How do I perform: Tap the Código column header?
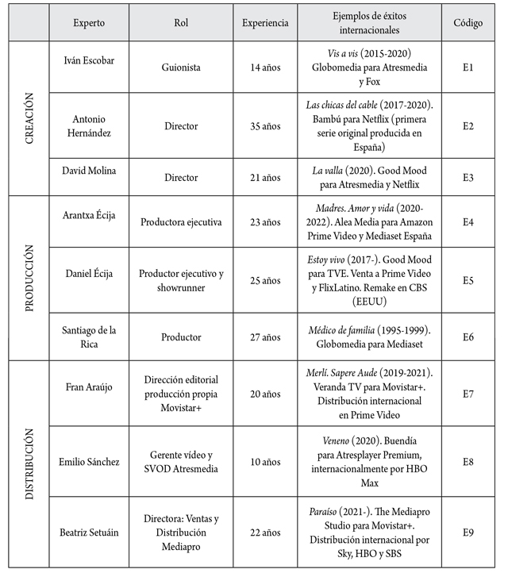pyautogui.click(x=468, y=23)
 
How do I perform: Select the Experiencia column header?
pyautogui.click(x=265, y=23)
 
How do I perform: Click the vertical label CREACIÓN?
pyautogui.click(x=29, y=118)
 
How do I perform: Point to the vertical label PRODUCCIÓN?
pyautogui.click(x=29, y=281)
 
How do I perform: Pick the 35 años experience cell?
pyautogui.click(x=265, y=126)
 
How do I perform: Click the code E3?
pyautogui.click(x=468, y=178)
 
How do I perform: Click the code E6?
pyautogui.click(x=468, y=336)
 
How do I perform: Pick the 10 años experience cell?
pyautogui.click(x=265, y=461)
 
